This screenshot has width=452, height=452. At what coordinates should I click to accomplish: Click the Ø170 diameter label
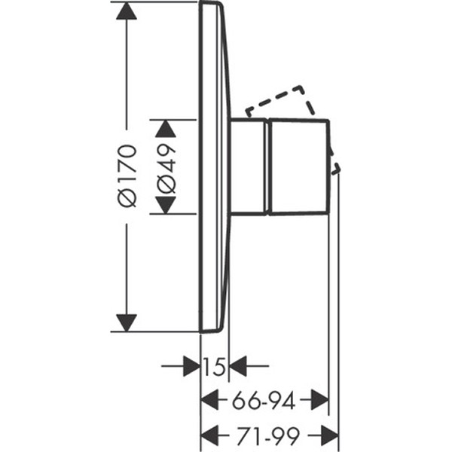[x=127, y=176]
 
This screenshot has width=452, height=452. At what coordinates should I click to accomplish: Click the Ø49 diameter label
[x=166, y=168]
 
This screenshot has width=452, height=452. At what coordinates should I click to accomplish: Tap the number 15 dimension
[x=214, y=367]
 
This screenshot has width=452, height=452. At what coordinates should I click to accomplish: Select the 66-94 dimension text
[x=264, y=400]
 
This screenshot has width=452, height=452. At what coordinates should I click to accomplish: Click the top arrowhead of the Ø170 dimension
[x=127, y=11]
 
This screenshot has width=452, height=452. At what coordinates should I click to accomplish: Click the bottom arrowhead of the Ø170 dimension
[x=127, y=323]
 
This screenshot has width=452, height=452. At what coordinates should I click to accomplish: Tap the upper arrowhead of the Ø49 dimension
[x=166, y=128]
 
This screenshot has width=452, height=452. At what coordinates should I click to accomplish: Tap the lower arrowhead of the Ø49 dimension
[x=166, y=205]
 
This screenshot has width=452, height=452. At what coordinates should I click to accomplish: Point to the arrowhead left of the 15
[x=191, y=366]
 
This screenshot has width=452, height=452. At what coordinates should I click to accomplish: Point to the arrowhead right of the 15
[x=238, y=366]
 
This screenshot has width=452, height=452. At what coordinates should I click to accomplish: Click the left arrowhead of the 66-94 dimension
[x=209, y=400]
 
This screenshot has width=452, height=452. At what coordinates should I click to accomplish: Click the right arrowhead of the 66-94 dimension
[x=319, y=400]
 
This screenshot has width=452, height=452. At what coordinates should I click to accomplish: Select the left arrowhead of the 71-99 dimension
[x=209, y=435]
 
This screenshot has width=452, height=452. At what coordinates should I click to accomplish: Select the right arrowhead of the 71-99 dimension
[x=329, y=435]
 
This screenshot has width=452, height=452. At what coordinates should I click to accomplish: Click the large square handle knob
[x=298, y=166]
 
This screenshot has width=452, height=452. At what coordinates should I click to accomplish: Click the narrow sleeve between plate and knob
[x=248, y=166]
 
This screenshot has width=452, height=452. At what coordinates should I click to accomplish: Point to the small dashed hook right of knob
[x=336, y=168]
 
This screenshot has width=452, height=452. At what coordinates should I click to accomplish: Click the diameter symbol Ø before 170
[x=127, y=198]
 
